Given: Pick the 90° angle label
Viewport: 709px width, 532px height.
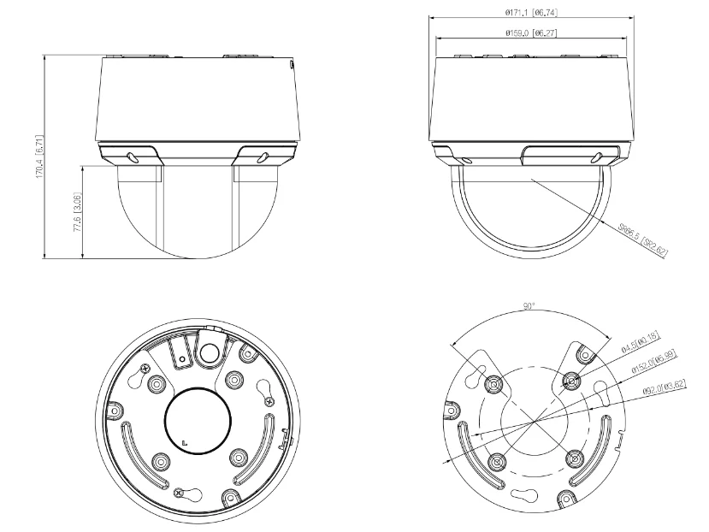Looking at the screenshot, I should click(x=529, y=307).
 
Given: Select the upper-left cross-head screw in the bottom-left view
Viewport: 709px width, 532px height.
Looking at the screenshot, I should click(x=141, y=366).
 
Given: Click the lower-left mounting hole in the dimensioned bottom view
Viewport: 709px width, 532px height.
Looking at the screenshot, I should click(x=497, y=461).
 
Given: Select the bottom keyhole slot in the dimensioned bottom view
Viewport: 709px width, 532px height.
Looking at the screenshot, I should click(x=519, y=495).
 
